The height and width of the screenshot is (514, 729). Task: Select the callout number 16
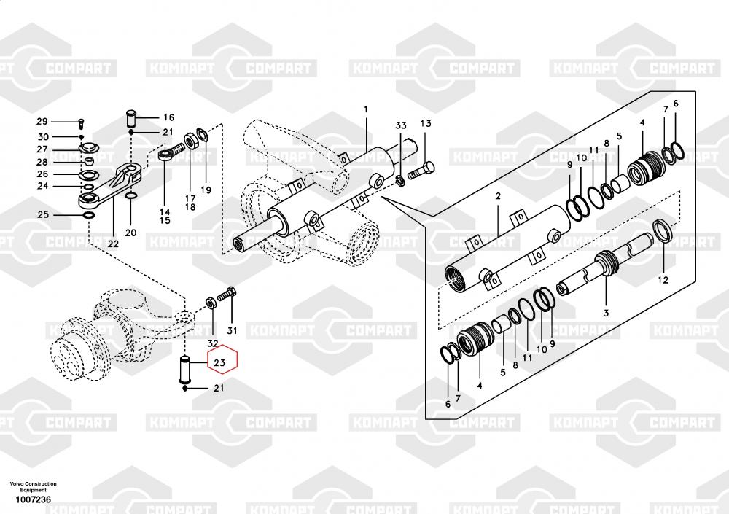[168, 117]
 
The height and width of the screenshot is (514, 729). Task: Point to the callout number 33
[400, 126]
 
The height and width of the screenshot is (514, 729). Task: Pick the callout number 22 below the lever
[113, 243]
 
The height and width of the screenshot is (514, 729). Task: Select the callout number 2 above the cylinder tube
[498, 196]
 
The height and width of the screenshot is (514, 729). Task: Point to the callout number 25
[43, 214]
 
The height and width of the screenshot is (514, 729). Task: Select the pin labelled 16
[132, 117]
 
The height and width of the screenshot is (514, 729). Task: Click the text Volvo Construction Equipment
[33, 487]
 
